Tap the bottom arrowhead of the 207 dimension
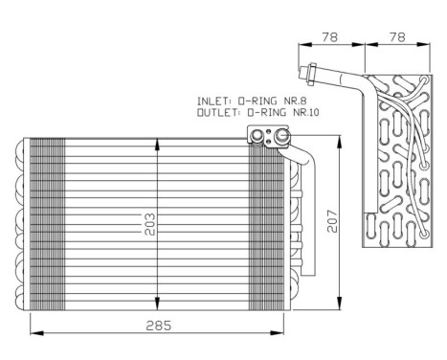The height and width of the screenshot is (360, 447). [340, 305]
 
